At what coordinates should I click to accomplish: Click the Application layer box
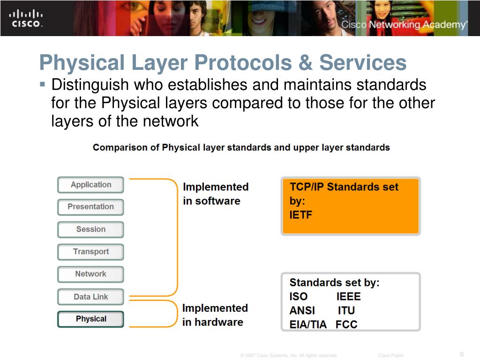(x=90, y=185)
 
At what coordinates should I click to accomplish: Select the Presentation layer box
(x=90, y=207)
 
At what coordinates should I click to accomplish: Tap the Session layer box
(x=90, y=229)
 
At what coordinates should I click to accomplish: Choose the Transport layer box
(x=90, y=252)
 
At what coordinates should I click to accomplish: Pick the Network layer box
(x=90, y=274)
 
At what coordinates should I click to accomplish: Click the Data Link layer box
(x=90, y=297)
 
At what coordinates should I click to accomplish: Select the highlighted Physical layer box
(x=90, y=319)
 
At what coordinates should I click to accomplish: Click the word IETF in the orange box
(x=300, y=215)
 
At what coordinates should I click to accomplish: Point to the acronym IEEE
(x=348, y=296)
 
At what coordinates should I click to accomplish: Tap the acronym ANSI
(x=302, y=310)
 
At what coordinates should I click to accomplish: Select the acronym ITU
(x=346, y=310)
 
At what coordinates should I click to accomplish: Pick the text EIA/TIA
(x=308, y=324)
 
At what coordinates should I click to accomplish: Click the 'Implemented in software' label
(x=215, y=194)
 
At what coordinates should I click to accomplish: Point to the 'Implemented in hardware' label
(x=215, y=315)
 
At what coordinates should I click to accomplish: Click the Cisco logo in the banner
(x=26, y=18)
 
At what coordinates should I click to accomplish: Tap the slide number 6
(x=462, y=354)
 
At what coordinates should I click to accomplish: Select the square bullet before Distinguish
(x=42, y=85)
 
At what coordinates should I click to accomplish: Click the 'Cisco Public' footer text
(x=390, y=355)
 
